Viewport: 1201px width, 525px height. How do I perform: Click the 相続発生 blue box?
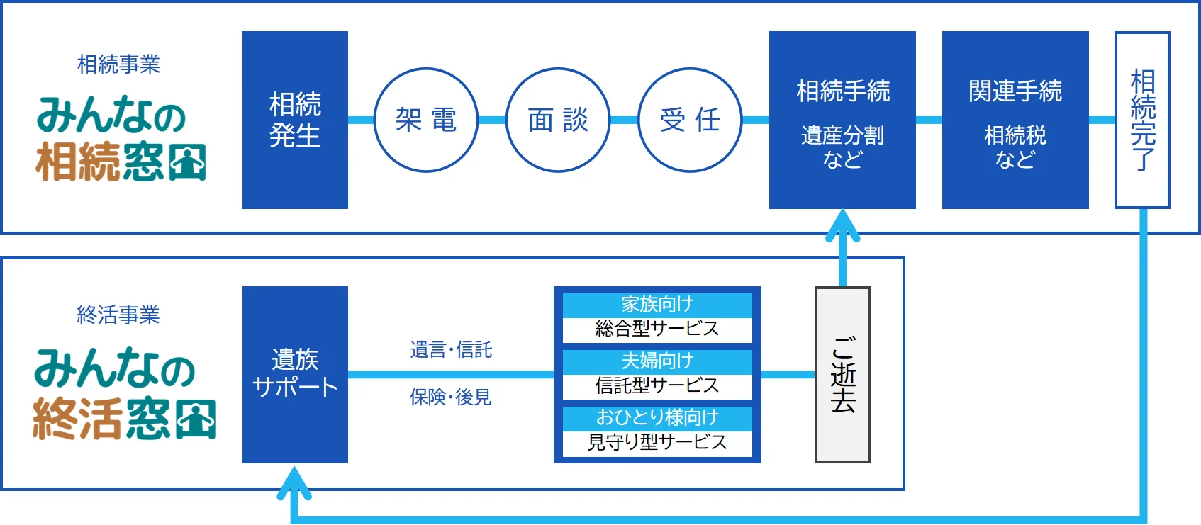click(295, 120)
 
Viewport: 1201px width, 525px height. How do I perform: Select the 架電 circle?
click(425, 120)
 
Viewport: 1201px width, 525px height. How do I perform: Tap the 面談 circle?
click(558, 120)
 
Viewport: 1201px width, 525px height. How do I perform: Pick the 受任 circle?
click(690, 120)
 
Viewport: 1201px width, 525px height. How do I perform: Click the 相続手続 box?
click(842, 120)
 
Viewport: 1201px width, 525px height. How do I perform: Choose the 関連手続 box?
click(1015, 120)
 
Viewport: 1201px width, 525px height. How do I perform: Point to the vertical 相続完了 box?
click(1142, 120)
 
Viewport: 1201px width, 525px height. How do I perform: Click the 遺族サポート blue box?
click(295, 374)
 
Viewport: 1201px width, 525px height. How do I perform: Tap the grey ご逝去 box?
click(842, 374)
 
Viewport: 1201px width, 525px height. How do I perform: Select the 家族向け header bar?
click(657, 305)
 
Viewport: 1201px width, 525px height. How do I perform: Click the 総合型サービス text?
click(657, 329)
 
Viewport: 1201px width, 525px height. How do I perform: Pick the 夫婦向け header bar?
click(657, 361)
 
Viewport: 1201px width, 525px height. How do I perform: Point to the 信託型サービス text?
click(657, 385)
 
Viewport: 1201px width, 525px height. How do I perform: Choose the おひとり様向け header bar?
click(657, 417)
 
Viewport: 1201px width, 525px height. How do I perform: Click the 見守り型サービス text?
click(657, 442)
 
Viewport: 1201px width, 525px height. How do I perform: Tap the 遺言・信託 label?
click(451, 350)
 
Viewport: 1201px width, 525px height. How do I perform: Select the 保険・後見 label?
click(451, 397)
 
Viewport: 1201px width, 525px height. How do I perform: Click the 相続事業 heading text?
click(118, 64)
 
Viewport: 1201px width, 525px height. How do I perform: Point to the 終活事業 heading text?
click(118, 315)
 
